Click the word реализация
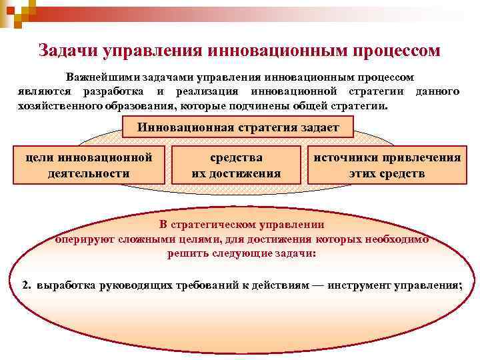pyautogui.click(x=203, y=91)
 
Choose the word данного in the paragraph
pyautogui.click(x=437, y=91)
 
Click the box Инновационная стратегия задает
pyautogui.click(x=239, y=127)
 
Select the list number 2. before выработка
pyautogui.click(x=27, y=285)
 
